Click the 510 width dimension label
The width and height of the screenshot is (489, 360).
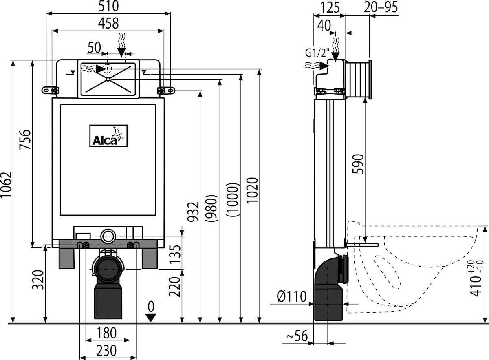tap(108, 7)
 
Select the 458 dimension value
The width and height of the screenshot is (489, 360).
tap(108, 23)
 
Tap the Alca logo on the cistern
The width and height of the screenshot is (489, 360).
tap(108, 136)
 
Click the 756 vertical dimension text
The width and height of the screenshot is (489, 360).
tap(25, 140)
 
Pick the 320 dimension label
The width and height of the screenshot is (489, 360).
tap(38, 280)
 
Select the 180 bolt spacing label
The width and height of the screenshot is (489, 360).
tap(106, 333)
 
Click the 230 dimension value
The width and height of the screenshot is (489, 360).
tap(106, 351)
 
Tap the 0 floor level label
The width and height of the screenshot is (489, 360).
tap(151, 307)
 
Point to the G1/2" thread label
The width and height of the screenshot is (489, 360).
tap(317, 53)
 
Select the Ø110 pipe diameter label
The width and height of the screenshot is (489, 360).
tap(292, 297)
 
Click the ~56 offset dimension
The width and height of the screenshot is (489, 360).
tap(297, 336)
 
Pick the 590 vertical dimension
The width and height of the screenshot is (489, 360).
tap(358, 164)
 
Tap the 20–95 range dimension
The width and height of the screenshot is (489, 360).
tap(381, 7)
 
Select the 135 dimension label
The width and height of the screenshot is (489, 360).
tap(175, 254)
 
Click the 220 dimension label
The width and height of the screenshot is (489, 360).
tap(175, 287)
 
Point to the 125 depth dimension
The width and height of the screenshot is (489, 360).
tap(330, 7)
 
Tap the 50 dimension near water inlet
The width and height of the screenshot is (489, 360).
tap(94, 48)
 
